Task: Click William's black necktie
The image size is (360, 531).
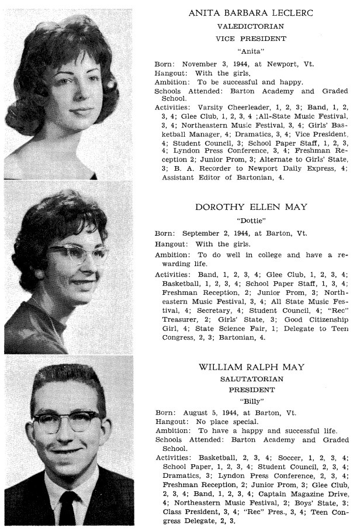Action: (68, 509)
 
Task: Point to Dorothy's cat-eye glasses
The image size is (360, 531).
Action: (79, 254)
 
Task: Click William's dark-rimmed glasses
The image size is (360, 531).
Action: (66, 420)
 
